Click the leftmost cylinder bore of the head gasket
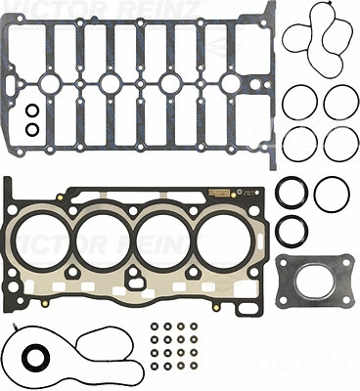point(44,243)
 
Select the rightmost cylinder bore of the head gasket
point(229,243)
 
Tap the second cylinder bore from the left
point(106,243)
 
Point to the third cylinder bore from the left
point(167,243)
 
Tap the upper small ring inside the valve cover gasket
point(32,109)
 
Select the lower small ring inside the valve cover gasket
point(32,128)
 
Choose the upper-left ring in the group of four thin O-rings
point(298,101)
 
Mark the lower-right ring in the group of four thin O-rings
point(340,142)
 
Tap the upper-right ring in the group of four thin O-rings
point(340,101)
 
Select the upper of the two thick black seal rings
point(291,193)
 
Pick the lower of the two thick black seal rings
point(291,232)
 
